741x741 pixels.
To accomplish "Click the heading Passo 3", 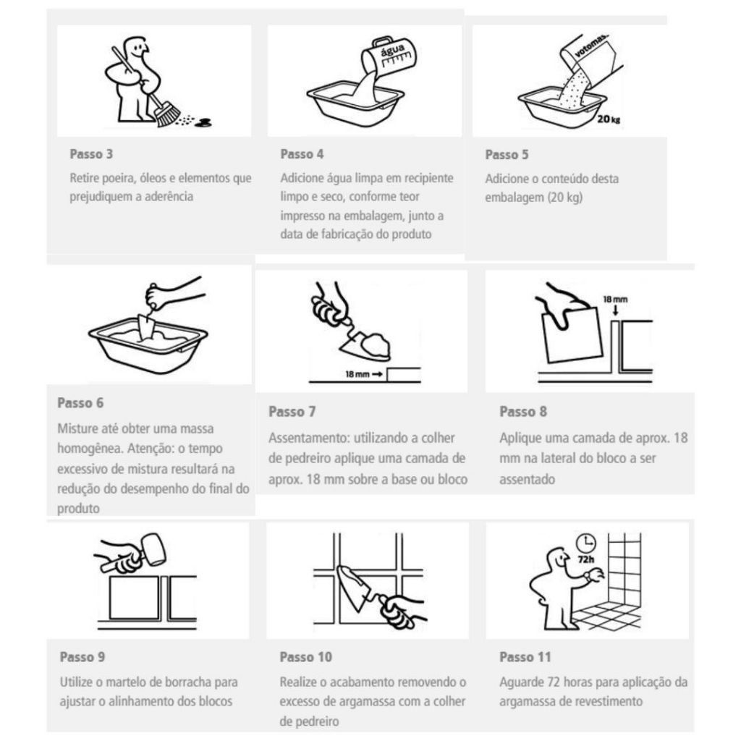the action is pyautogui.click(x=91, y=154).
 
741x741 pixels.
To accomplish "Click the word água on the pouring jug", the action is pyautogui.click(x=392, y=48).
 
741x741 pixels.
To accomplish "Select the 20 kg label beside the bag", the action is pyautogui.click(x=609, y=119).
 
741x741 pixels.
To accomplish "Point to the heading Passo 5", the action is pyautogui.click(x=507, y=155).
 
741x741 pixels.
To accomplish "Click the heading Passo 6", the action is pyautogui.click(x=80, y=403).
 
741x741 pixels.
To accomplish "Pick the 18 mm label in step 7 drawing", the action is pyautogui.click(x=357, y=374).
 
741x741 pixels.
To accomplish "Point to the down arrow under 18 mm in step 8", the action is pyautogui.click(x=615, y=310).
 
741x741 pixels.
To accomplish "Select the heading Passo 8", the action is pyautogui.click(x=523, y=412).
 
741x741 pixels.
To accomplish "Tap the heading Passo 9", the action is pyautogui.click(x=82, y=657).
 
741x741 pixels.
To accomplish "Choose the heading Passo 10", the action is pyautogui.click(x=306, y=657).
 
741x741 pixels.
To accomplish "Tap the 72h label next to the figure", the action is pyautogui.click(x=586, y=559).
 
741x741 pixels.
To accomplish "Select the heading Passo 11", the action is pyautogui.click(x=525, y=657).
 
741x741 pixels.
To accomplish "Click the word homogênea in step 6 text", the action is pyautogui.click(x=90, y=449).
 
